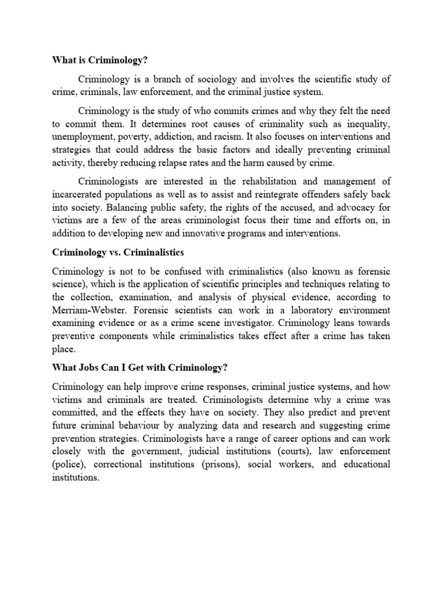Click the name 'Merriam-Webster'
pos(87,310)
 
